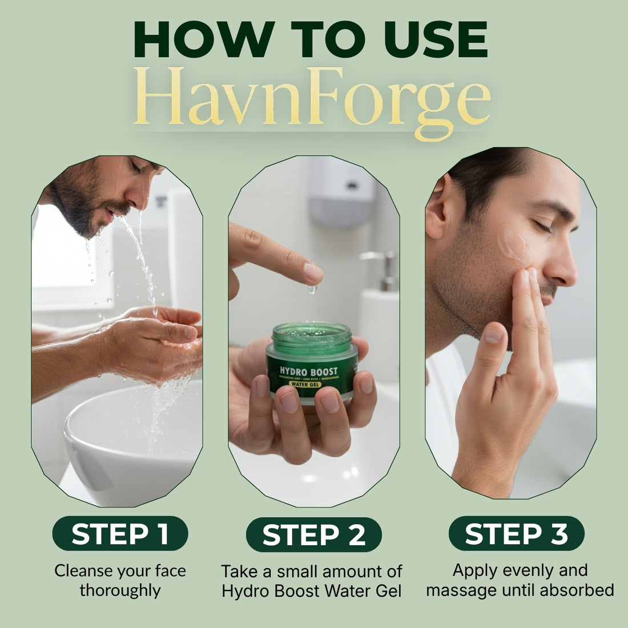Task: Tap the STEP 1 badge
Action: [x=120, y=534]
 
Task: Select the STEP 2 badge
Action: [x=313, y=535]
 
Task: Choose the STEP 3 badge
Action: [x=516, y=534]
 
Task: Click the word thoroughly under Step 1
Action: [x=120, y=590]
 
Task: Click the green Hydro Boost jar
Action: [x=312, y=363]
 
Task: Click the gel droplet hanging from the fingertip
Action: [x=312, y=290]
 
